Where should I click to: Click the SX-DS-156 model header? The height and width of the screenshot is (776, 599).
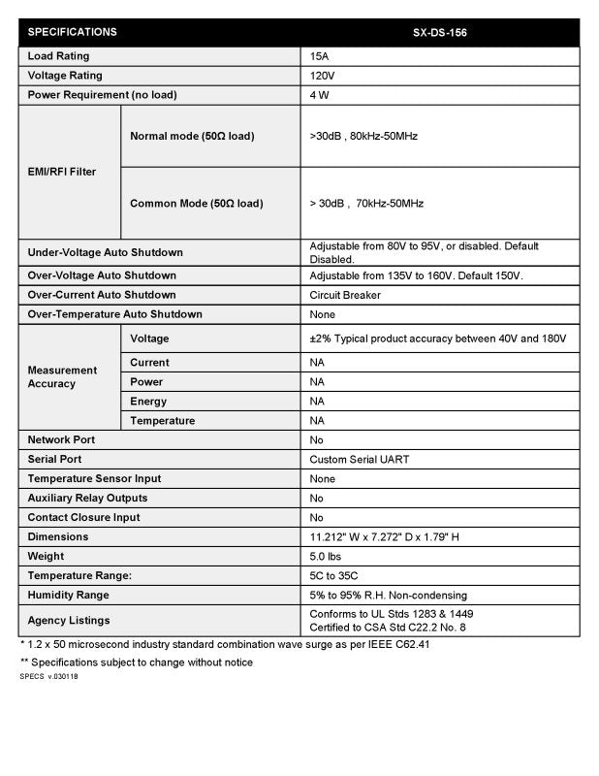tap(441, 32)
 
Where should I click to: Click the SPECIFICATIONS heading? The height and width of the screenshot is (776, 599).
tap(73, 32)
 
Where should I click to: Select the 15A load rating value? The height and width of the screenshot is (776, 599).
tap(319, 56)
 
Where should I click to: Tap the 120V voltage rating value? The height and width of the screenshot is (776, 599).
tap(322, 76)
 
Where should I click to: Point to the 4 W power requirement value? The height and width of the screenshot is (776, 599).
tap(319, 95)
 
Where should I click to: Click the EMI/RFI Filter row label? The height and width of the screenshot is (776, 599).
tap(62, 172)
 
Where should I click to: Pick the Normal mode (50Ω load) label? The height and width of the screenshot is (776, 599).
tap(192, 136)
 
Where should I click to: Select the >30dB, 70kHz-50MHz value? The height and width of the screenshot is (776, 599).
tap(366, 204)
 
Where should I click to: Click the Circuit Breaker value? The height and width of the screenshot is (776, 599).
tap(345, 295)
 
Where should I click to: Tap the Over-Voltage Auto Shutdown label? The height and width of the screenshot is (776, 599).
tap(102, 275)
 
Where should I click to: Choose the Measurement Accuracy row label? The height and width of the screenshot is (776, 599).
tap(62, 377)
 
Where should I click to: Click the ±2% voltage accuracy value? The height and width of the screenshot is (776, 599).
tap(437, 339)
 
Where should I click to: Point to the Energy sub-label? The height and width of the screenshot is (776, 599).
tap(148, 402)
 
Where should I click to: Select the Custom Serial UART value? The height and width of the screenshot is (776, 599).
tap(358, 460)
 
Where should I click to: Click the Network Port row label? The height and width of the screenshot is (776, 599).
tap(61, 440)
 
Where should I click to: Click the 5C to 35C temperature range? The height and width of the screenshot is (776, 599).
tap(334, 576)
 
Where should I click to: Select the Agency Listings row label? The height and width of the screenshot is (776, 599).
tap(69, 620)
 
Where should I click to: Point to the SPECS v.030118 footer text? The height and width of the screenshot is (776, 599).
tap(48, 676)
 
